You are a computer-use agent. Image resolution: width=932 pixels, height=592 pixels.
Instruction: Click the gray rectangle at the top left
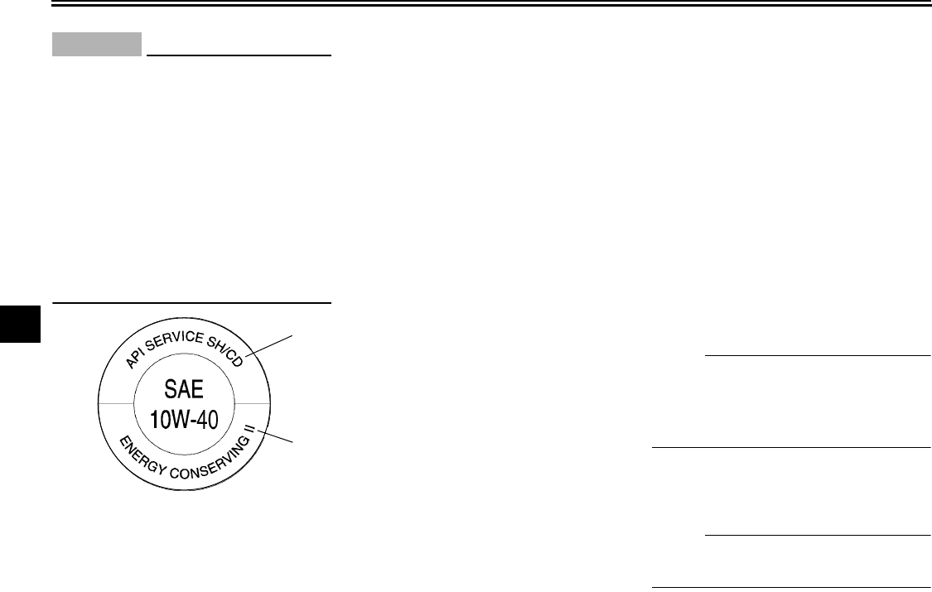[x=97, y=45]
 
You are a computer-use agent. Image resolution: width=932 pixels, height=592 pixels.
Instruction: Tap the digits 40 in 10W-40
[x=209, y=420]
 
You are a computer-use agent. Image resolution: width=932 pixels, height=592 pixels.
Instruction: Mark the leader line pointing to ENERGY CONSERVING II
[x=278, y=436]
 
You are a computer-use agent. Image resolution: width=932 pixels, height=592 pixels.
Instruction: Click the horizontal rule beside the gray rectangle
[x=239, y=56]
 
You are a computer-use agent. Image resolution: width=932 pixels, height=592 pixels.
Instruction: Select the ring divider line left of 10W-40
[x=113, y=403]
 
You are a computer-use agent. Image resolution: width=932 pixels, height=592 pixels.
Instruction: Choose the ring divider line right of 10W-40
[x=253, y=403]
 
